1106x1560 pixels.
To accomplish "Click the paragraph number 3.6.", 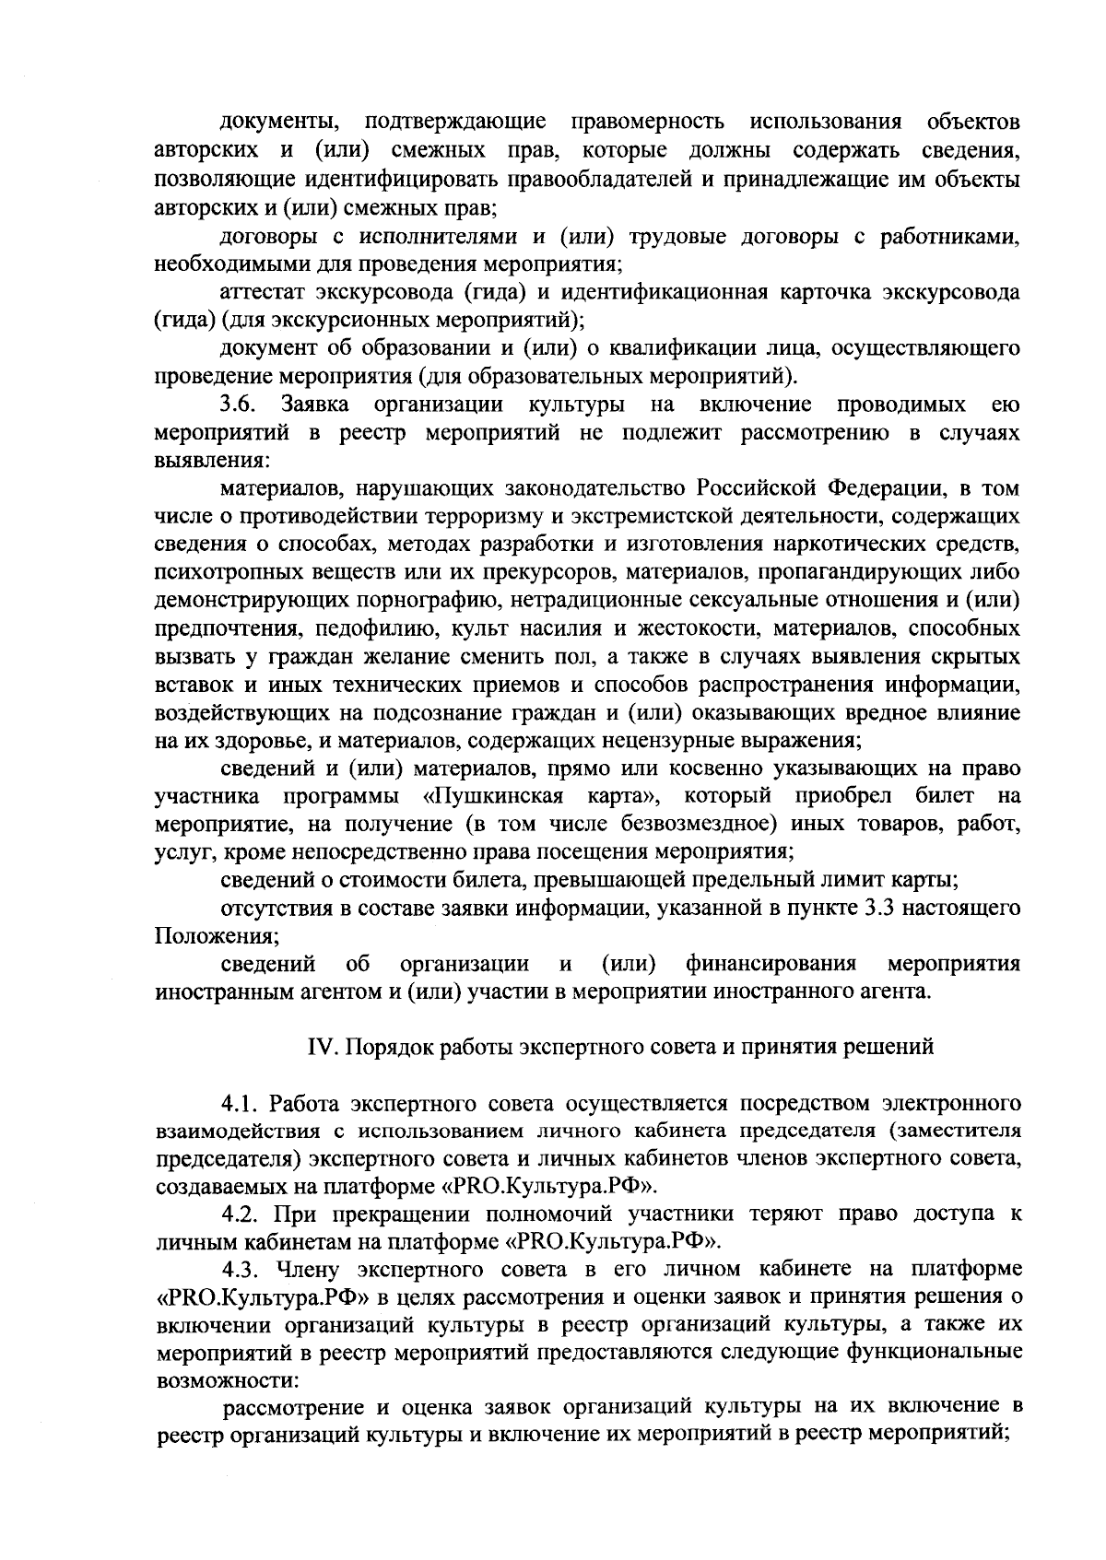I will pyautogui.click(x=238, y=405).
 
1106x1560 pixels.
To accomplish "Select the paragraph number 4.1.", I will pyautogui.click(x=242, y=1104).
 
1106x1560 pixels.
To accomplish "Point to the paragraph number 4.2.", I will pyautogui.click(x=242, y=1214).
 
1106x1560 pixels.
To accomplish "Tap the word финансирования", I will pyautogui.click(x=771, y=964).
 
